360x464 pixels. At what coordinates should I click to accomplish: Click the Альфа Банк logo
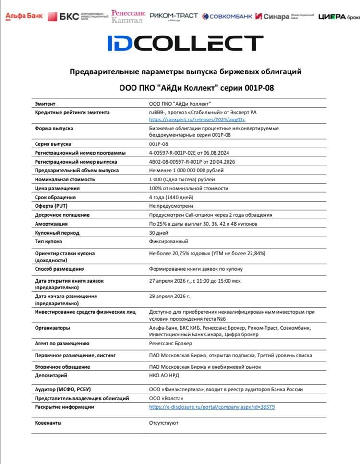tap(24, 16)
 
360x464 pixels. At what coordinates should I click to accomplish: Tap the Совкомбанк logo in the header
tap(227, 16)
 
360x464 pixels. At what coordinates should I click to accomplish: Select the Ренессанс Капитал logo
tap(128, 16)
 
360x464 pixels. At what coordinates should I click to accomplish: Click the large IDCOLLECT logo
tap(185, 43)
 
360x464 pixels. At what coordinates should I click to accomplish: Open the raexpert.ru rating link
tap(197, 119)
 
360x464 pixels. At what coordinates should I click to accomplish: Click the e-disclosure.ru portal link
tap(212, 407)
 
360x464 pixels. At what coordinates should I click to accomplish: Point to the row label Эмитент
tap(45, 103)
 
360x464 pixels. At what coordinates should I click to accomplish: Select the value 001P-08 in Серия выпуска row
tap(159, 144)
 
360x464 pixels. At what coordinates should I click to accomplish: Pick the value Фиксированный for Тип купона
tap(168, 241)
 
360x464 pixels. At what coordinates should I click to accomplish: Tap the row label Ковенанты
tap(48, 423)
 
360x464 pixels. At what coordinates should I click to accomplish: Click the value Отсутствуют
tap(164, 423)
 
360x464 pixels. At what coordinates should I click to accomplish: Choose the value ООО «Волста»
tap(166, 398)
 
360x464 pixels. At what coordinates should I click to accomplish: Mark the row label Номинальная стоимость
tap(65, 179)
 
